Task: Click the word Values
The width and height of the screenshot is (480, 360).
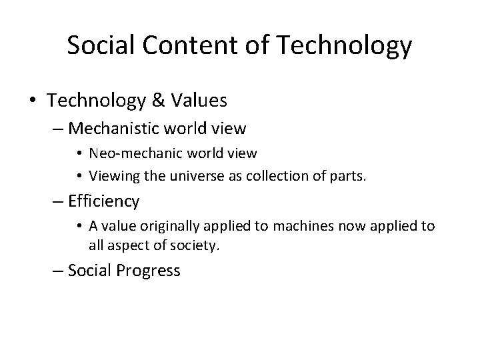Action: [200, 101]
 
